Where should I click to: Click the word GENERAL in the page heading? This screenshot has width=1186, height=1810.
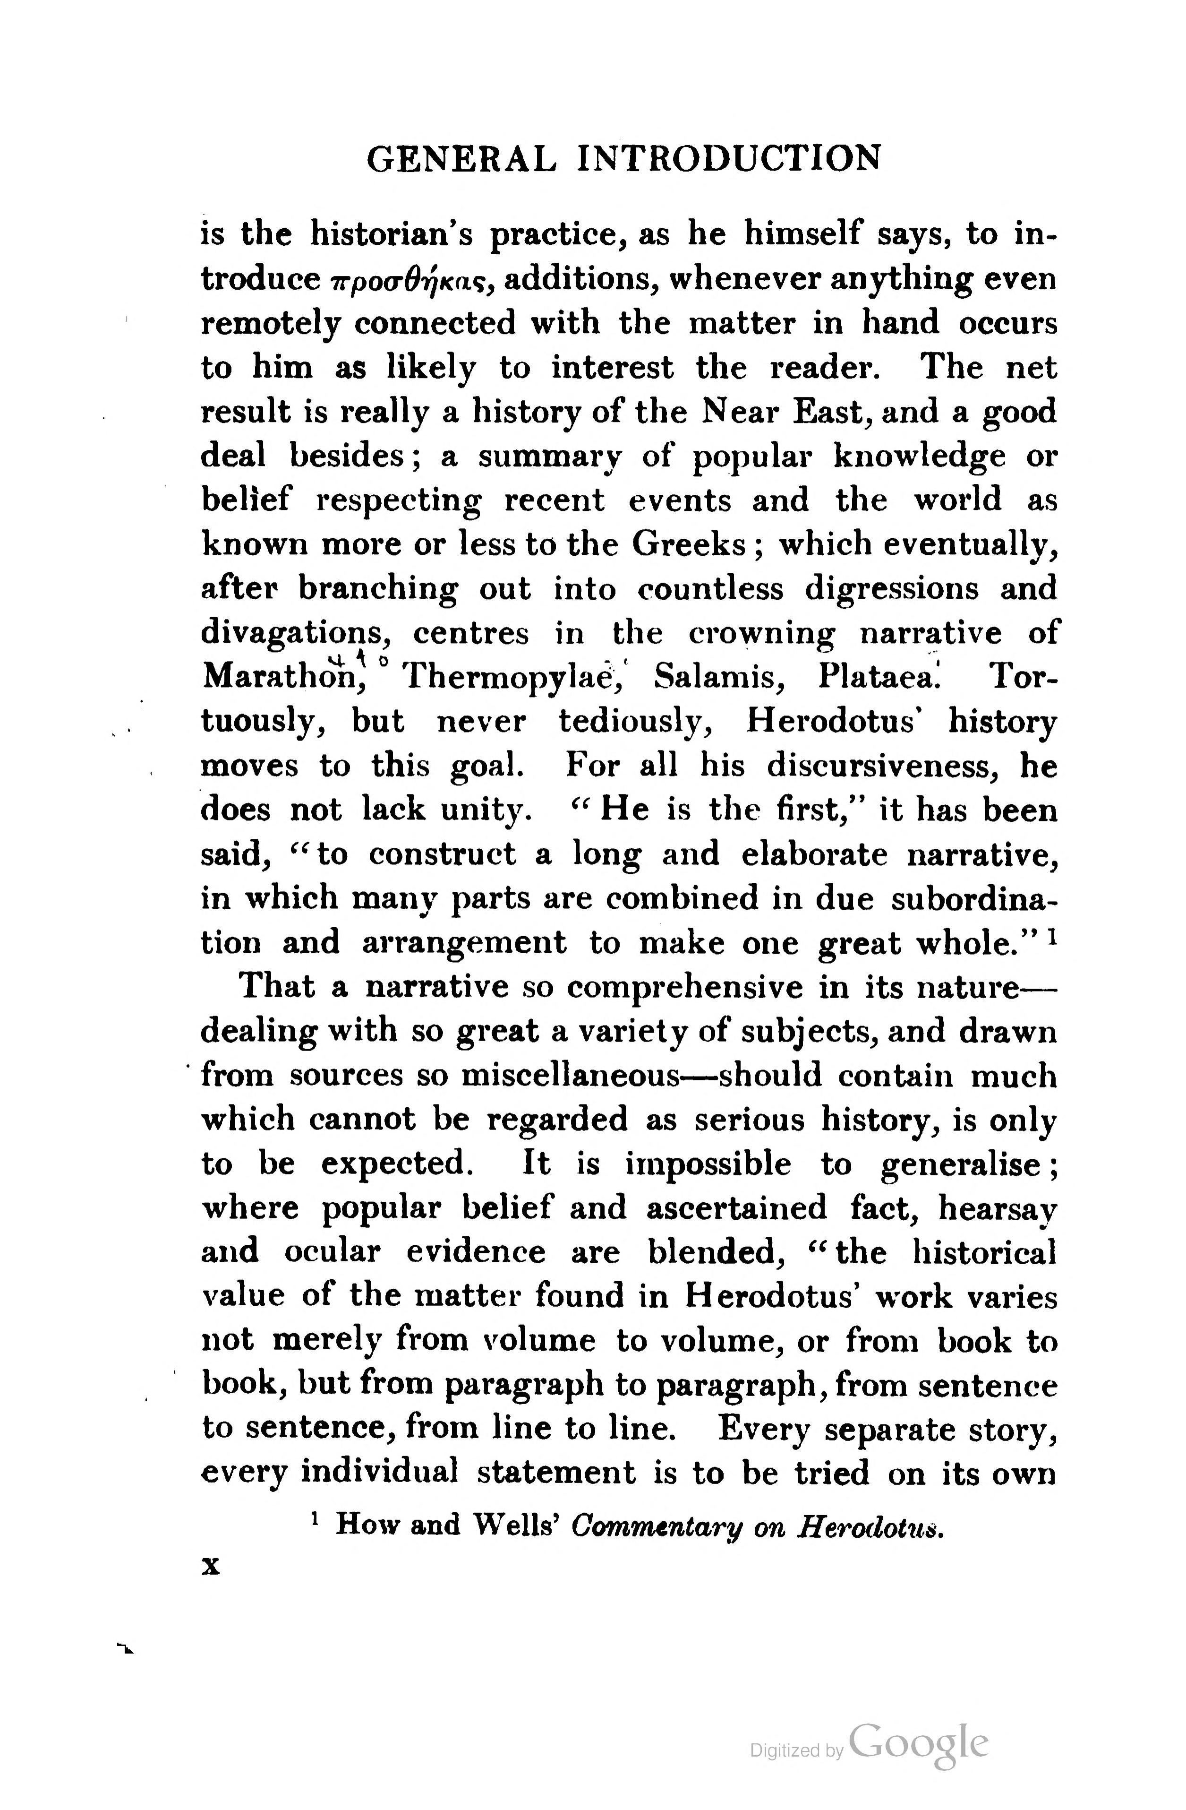pyautogui.click(x=461, y=159)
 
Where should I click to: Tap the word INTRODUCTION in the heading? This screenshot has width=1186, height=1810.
pyautogui.click(x=730, y=159)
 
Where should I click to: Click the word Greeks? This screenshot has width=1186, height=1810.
pyautogui.click(x=689, y=544)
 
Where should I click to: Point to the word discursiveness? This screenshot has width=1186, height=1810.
pyautogui.click(x=883, y=766)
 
